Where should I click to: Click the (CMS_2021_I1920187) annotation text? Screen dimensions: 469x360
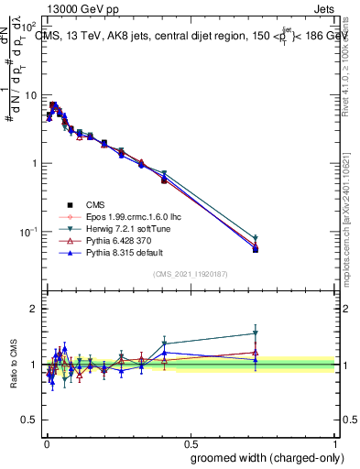pos(190,274)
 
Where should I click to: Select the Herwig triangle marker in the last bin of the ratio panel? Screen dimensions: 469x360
pos(255,333)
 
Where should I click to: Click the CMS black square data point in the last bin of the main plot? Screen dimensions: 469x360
pos(255,249)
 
